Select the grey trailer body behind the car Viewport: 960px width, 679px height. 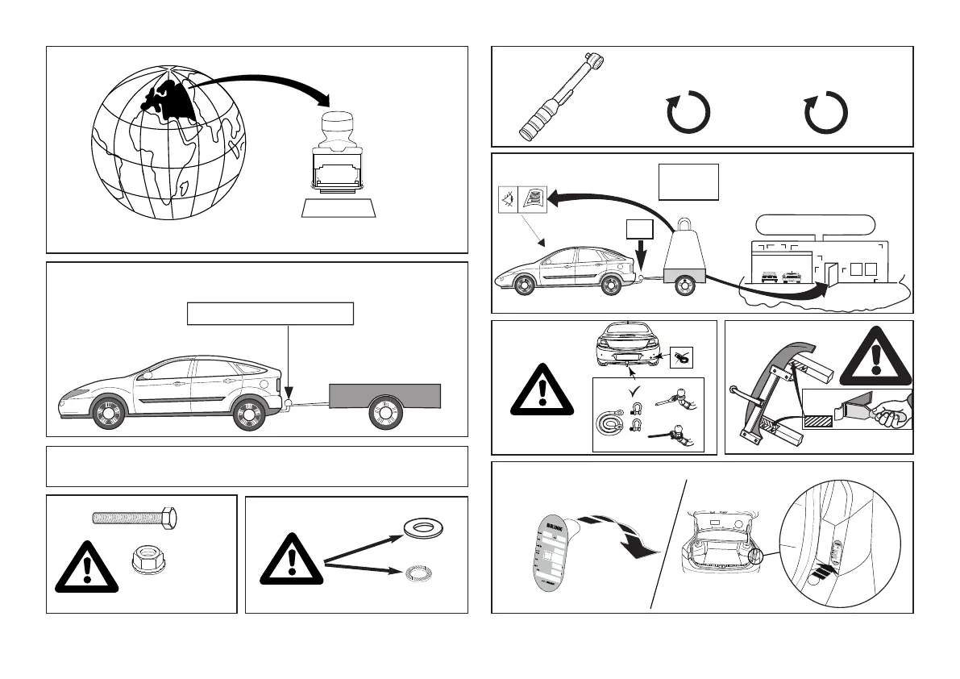click(384, 395)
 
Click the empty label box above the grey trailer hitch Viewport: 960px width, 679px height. click(270, 313)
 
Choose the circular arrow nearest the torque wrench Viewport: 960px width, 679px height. click(688, 112)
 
